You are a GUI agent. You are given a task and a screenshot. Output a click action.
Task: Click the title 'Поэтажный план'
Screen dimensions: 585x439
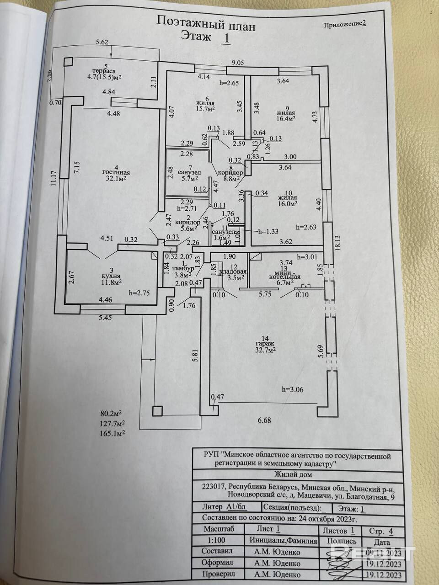[206, 21]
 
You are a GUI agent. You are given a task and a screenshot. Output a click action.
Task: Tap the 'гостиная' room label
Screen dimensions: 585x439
[116, 172]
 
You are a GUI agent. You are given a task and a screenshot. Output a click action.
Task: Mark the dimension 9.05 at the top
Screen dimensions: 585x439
[238, 63]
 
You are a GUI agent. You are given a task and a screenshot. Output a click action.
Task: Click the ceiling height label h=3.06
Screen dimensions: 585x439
[293, 389]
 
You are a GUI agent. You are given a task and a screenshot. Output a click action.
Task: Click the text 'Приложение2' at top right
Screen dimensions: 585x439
[345, 25]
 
